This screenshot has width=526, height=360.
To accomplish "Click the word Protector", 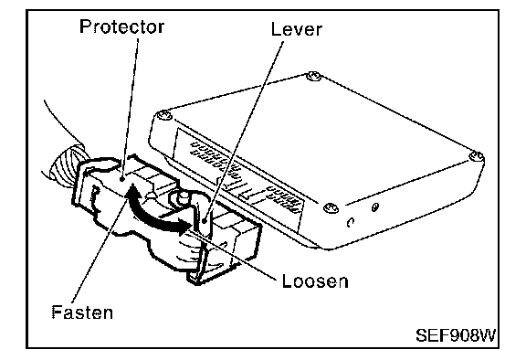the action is click(121, 26).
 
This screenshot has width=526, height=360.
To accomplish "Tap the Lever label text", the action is click(297, 29).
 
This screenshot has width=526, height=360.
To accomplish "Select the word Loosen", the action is click(315, 281).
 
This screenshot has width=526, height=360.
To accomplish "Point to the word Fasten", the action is click(82, 312).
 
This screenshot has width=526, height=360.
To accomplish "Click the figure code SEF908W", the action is click(456, 335).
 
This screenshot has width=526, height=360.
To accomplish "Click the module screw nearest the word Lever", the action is click(313, 76).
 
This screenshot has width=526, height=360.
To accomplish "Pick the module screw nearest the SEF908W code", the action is click(476, 156).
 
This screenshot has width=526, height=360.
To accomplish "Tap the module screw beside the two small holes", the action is click(331, 208).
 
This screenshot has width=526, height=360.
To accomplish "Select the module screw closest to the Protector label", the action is click(164, 116).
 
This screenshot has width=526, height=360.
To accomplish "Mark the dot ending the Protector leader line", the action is click(122, 179).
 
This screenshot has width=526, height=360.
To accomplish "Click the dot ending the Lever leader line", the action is click(205, 220).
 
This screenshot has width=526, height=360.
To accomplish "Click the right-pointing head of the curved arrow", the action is click(184, 226).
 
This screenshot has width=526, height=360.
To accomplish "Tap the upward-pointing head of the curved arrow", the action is click(132, 190).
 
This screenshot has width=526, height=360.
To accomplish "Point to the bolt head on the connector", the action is click(182, 197).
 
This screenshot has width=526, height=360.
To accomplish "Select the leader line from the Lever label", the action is click(244, 130).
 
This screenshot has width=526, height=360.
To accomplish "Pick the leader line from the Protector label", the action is click(131, 108).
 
